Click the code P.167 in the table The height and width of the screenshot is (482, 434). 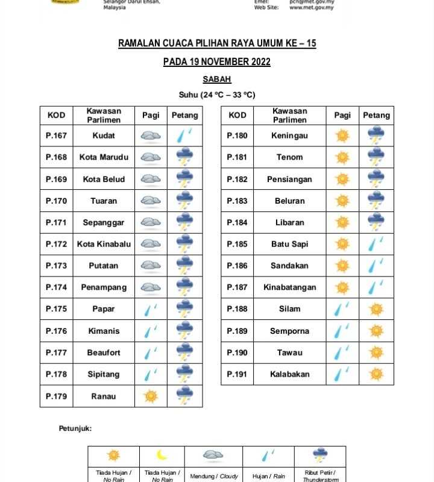pyautogui.click(x=56, y=136)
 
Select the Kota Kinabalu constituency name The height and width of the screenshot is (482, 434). pyautogui.click(x=104, y=244)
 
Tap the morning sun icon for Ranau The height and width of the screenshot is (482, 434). pyautogui.click(x=150, y=396)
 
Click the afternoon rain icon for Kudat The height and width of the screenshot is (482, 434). pyautogui.click(x=184, y=135)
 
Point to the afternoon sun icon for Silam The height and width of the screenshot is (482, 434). pyautogui.click(x=377, y=309)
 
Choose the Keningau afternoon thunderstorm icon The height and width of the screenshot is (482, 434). pyautogui.click(x=377, y=135)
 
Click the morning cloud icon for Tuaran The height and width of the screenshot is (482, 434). pyautogui.click(x=150, y=201)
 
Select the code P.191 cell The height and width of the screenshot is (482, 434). pyautogui.click(x=237, y=374)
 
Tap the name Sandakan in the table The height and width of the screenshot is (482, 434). pyautogui.click(x=289, y=266)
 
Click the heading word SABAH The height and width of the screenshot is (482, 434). pyautogui.click(x=217, y=79)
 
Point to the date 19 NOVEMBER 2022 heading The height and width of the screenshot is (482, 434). pyautogui.click(x=217, y=62)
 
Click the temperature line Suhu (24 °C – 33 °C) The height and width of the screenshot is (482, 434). pyautogui.click(x=217, y=95)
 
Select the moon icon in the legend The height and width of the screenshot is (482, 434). pyautogui.click(x=162, y=455)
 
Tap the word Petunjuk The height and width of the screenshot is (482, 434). pyautogui.click(x=75, y=428)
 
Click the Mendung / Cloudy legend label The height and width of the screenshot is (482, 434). pyautogui.click(x=214, y=477)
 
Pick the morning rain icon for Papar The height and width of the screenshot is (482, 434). pyautogui.click(x=150, y=309)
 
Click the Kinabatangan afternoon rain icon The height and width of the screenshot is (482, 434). pyautogui.click(x=377, y=287)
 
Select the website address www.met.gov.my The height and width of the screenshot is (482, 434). pyautogui.click(x=312, y=8)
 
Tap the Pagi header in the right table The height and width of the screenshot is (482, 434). pyautogui.click(x=342, y=115)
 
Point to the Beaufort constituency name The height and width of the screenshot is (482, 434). pyautogui.click(x=104, y=352)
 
